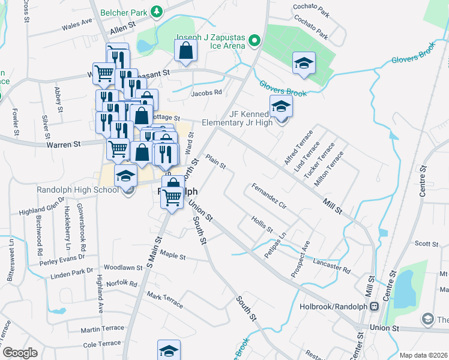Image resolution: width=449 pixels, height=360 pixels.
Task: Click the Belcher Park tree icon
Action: pos(157,11)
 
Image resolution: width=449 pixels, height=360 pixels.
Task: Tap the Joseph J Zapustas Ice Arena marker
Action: pos(254,41)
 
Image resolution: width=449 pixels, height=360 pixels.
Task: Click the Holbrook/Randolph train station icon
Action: pos(374,306)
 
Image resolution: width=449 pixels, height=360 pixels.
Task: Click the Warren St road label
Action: pos(64,145)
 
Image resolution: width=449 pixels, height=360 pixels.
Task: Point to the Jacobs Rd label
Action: pos(206,93)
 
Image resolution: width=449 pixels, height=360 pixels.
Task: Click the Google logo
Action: pos(20,353)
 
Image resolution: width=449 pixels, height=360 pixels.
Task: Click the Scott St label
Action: pos(427,244)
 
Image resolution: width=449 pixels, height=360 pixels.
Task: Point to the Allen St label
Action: pos(124,29)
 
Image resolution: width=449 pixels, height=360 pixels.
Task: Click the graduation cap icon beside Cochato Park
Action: pos(304,63)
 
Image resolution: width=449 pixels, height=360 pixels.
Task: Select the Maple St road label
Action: pos(173,256)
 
